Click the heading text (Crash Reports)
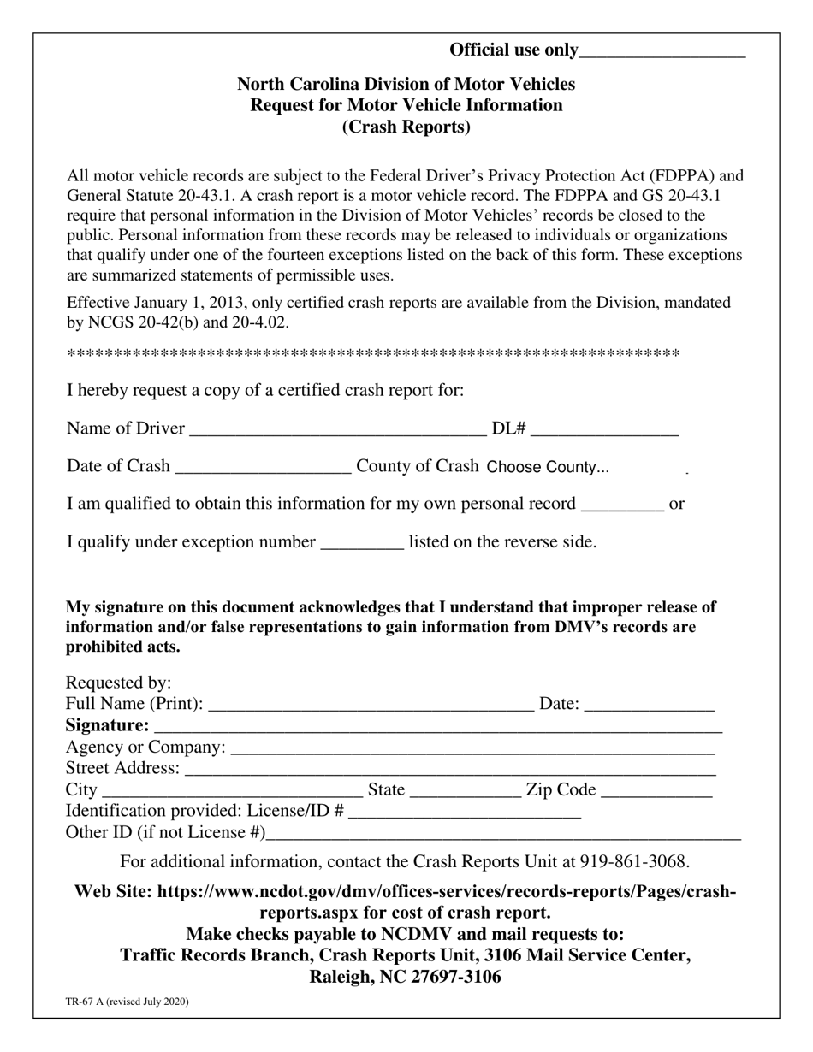[406, 127]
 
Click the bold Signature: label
[107, 725]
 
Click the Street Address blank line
[450, 769]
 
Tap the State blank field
[466, 790]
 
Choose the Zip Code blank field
[657, 790]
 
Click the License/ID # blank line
[465, 812]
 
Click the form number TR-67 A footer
[128, 1001]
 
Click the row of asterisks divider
[373, 354]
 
